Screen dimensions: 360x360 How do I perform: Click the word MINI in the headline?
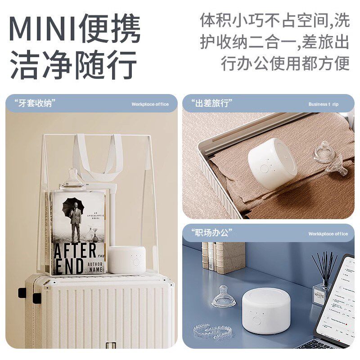pos(43,29)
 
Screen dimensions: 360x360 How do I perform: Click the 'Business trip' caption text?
pos(323,104)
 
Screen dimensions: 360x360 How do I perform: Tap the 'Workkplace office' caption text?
pos(328,234)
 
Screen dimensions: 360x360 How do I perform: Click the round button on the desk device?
pos(256,320)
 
